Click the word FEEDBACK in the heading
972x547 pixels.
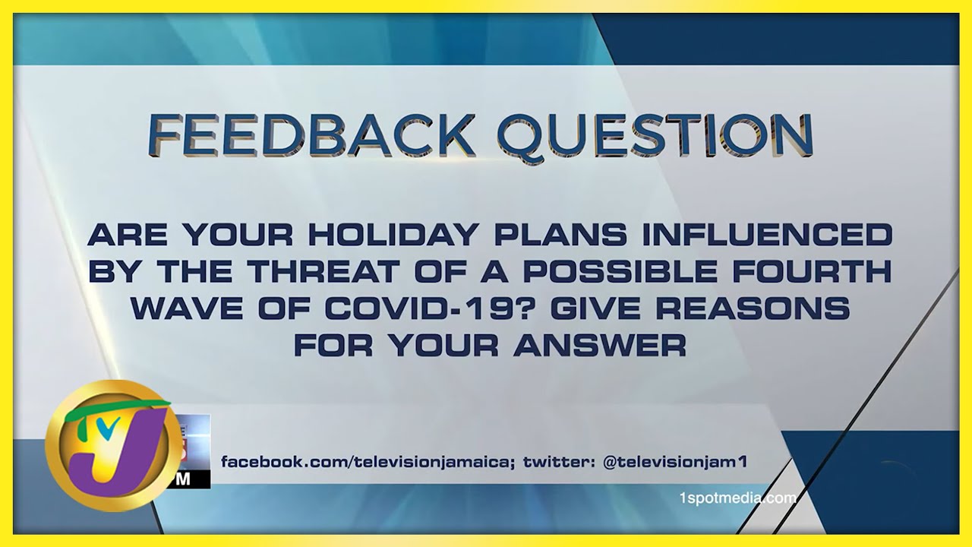(x=311, y=134)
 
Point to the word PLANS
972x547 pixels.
(x=560, y=235)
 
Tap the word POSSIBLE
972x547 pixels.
(x=620, y=272)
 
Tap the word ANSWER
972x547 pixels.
(x=600, y=346)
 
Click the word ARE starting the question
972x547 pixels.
(x=128, y=235)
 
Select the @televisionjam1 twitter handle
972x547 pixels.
(x=676, y=462)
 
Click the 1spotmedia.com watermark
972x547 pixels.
(x=738, y=498)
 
